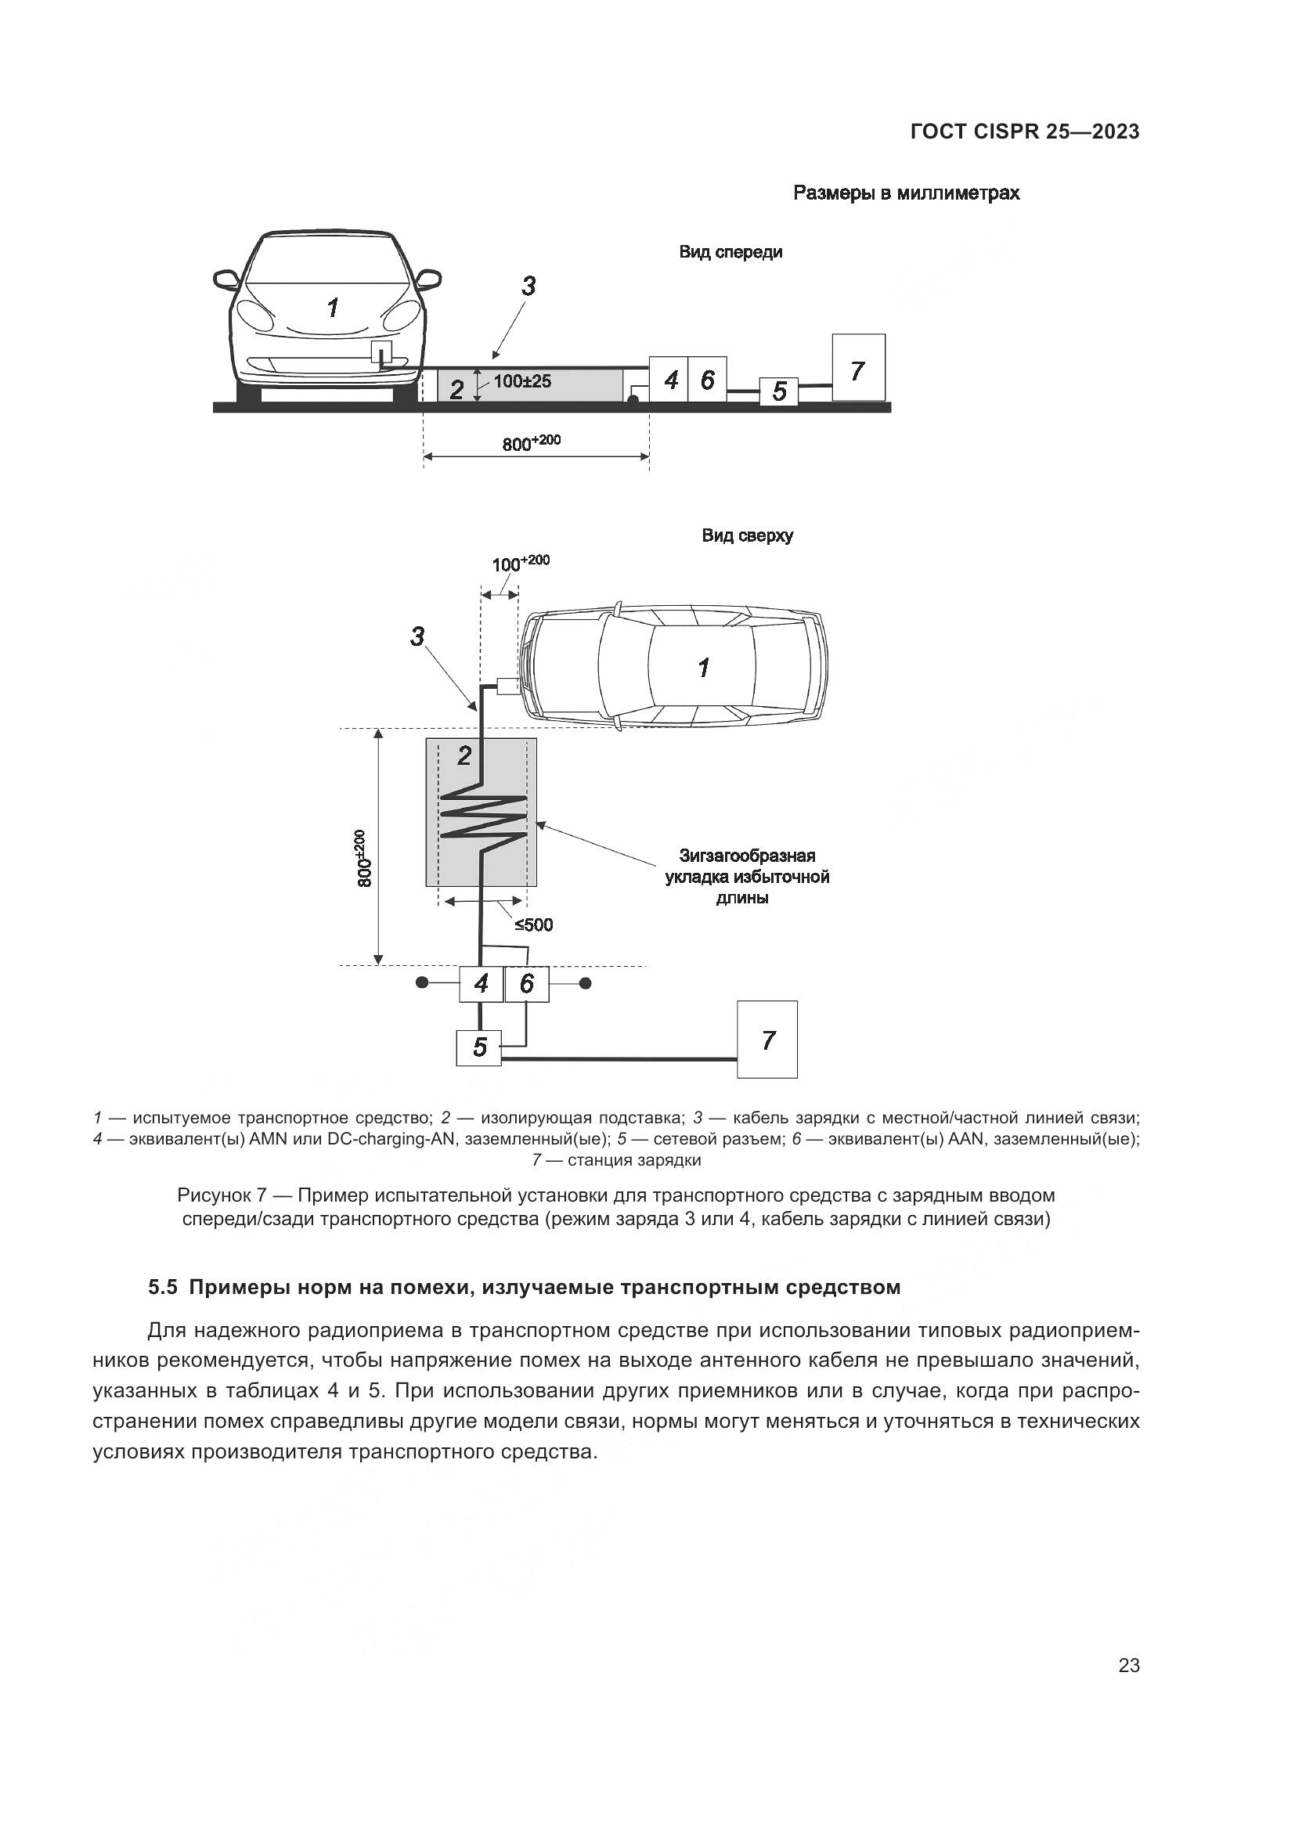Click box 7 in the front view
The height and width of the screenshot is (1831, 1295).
click(x=858, y=368)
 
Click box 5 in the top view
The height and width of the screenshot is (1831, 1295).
click(x=478, y=1047)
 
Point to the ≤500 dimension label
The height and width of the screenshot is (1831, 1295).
click(x=533, y=925)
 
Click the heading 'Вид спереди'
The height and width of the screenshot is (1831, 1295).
click(x=730, y=252)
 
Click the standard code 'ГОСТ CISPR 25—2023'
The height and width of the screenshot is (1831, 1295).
click(x=1025, y=132)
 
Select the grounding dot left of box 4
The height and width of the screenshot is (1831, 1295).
click(x=421, y=983)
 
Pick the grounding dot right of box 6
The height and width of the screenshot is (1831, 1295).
click(x=586, y=983)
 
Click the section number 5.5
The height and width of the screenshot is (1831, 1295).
click(x=163, y=1288)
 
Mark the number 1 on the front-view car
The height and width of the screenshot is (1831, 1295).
click(x=333, y=307)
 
